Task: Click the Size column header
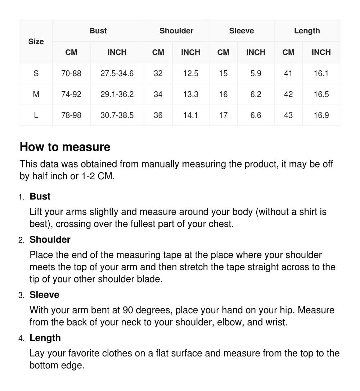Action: point(36,42)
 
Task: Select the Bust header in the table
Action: point(98,31)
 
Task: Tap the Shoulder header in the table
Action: point(176,31)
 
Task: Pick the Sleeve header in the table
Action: point(242,31)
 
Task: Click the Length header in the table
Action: point(307,31)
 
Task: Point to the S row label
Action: point(36,74)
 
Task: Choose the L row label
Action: point(36,115)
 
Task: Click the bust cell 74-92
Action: point(71,95)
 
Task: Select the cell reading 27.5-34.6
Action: point(117,74)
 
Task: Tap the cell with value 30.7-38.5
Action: point(117,115)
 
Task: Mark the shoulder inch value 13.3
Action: point(190,95)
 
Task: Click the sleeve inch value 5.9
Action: point(256,74)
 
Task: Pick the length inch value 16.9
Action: point(321,115)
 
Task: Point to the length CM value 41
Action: point(288,74)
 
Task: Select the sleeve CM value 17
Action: point(223,115)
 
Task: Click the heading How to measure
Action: point(65,147)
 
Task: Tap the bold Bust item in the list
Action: point(40,197)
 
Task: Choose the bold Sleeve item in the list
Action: point(44,295)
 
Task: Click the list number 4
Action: point(21,339)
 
